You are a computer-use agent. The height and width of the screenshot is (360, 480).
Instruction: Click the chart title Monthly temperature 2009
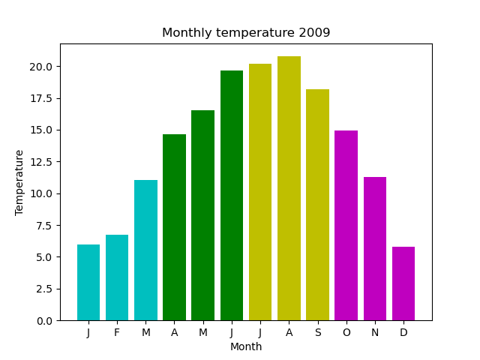246,33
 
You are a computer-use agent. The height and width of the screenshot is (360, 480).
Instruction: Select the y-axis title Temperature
19,182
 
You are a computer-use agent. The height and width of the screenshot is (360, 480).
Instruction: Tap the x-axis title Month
246,346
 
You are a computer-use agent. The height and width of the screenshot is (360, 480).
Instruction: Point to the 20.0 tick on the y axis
41,67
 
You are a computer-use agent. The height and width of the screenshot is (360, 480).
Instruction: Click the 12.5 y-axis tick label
41,162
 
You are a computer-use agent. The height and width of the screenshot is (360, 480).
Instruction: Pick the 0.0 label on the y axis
43,320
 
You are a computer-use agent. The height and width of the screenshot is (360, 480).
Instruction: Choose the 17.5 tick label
41,98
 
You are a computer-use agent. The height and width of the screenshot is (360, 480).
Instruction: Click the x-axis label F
117,332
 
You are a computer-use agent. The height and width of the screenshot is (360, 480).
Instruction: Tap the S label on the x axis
318,332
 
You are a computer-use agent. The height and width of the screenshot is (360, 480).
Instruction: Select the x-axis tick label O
346,332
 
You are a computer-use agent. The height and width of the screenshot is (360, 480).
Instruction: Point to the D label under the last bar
403,332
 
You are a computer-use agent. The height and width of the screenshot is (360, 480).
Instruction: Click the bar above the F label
117,277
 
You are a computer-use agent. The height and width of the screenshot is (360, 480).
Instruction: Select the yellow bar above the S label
318,205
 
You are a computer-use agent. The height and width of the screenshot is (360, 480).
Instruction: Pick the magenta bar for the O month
346,225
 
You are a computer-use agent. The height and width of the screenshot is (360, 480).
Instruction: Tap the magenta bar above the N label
375,248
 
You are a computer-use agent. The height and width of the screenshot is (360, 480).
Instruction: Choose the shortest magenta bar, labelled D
403,283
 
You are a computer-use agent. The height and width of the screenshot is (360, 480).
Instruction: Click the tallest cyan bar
145,250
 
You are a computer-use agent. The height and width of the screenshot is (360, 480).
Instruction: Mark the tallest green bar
232,195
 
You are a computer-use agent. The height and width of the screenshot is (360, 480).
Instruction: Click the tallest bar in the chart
289,188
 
